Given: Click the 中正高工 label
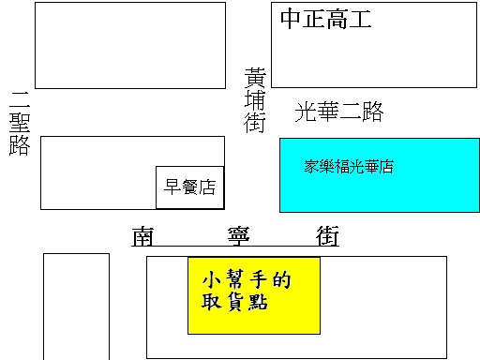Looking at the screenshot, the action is pyautogui.click(x=325, y=19).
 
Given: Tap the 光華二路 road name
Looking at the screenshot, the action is pyautogui.click(x=339, y=112).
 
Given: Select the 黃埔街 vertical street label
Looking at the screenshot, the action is pyautogui.click(x=255, y=100).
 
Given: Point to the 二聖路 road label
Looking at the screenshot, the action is pyautogui.click(x=20, y=124).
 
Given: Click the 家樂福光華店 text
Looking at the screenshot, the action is pyautogui.click(x=349, y=166).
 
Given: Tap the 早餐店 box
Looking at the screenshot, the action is pyautogui.click(x=190, y=187).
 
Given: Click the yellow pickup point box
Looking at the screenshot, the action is pyautogui.click(x=254, y=295).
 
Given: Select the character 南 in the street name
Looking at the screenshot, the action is pyautogui.click(x=142, y=236).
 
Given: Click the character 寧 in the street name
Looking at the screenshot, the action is pyautogui.click(x=238, y=236).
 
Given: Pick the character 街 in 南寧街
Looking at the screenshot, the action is pyautogui.click(x=327, y=236).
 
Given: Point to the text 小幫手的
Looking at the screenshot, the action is pyautogui.click(x=247, y=279).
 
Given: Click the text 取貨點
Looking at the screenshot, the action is pyautogui.click(x=234, y=302).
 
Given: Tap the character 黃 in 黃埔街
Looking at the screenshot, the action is pyautogui.click(x=255, y=78).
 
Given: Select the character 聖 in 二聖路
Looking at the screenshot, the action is pyautogui.click(x=20, y=123).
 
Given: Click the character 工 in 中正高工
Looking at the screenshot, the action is pyautogui.click(x=360, y=19).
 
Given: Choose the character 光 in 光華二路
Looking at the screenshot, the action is pyautogui.click(x=306, y=112).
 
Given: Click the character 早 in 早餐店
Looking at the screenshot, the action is pyautogui.click(x=172, y=187).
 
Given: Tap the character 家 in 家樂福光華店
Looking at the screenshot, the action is pyautogui.click(x=311, y=166).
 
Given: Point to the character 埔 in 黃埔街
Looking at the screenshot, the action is pyautogui.click(x=255, y=100).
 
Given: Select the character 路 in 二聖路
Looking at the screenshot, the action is pyautogui.click(x=20, y=145).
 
